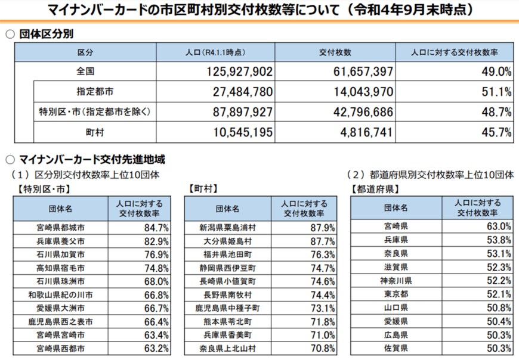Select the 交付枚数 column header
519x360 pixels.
pos(335,52)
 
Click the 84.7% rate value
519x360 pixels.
pos(157,227)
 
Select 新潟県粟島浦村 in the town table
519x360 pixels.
pos(227,228)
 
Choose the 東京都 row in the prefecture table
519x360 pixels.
pos(396,294)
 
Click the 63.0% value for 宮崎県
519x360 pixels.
pos(499,226)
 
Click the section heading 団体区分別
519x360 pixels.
pos(47,33)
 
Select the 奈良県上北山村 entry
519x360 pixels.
pos(227,347)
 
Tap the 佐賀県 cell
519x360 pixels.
pos(396,347)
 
